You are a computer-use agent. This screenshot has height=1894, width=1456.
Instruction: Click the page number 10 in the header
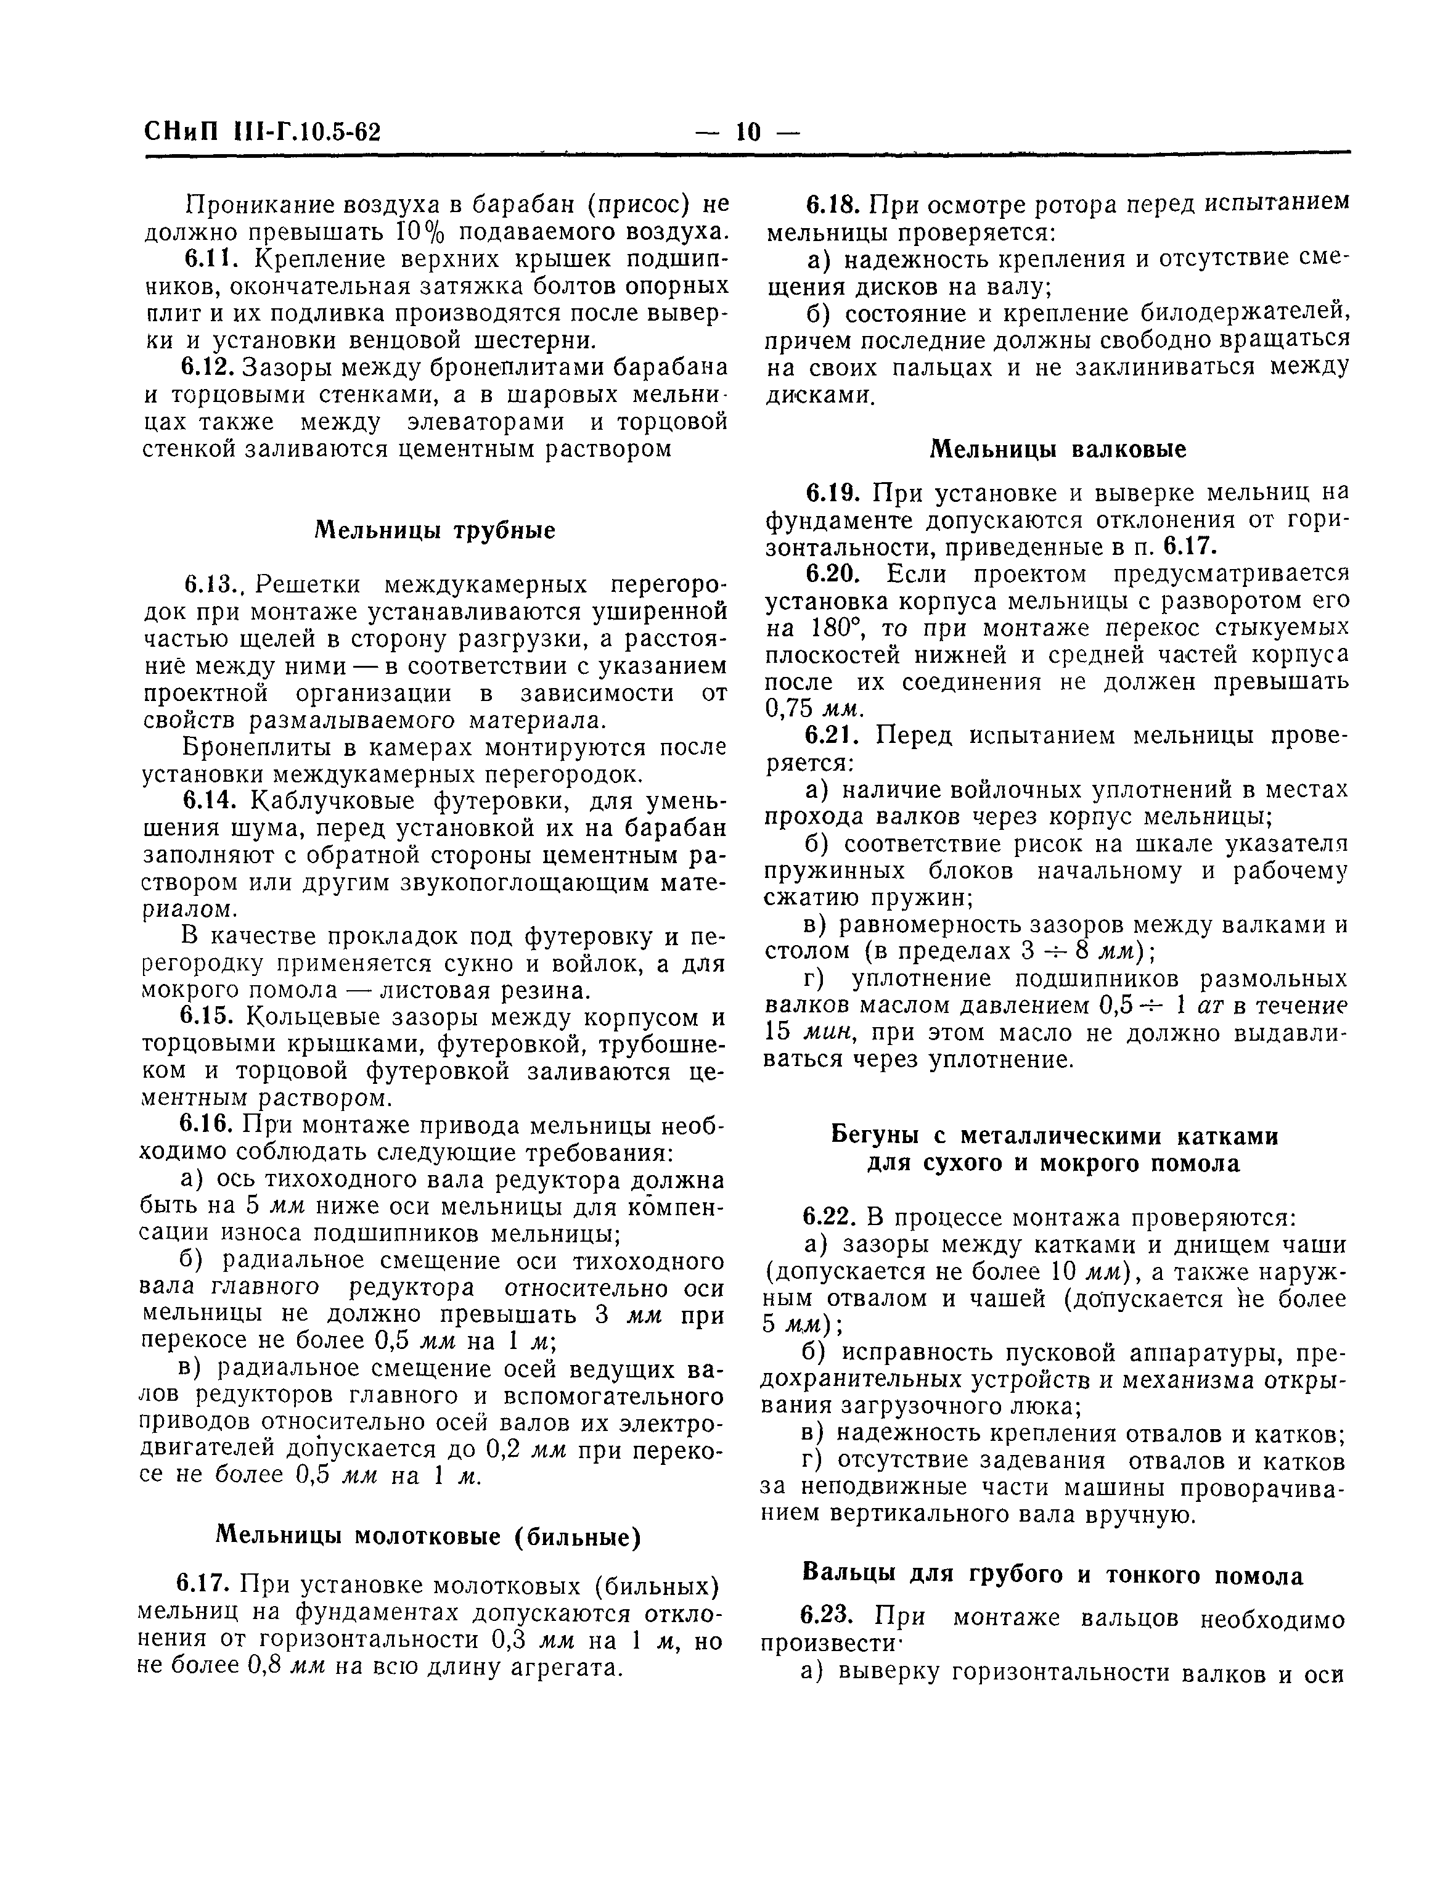[748, 133]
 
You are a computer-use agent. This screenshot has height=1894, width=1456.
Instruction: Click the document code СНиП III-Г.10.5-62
[263, 133]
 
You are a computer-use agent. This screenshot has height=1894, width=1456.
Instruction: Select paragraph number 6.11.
[205, 259]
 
